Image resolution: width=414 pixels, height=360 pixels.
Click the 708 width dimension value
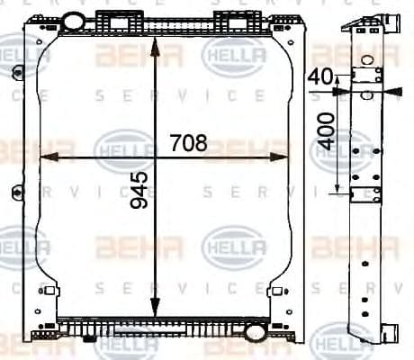[188, 143]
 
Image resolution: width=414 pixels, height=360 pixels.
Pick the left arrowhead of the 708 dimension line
[47, 157]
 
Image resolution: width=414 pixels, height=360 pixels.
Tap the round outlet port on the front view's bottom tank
[254, 332]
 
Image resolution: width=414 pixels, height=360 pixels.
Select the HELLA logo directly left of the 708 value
[124, 148]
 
